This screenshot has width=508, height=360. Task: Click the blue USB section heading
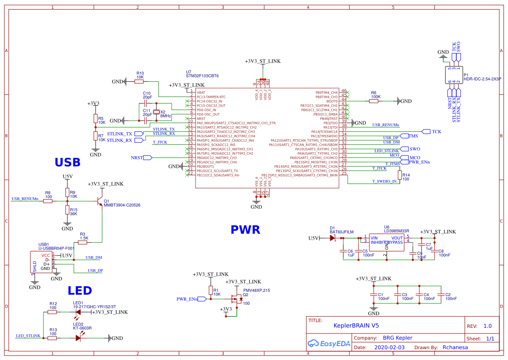pyautogui.click(x=67, y=162)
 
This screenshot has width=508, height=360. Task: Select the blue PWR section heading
pyautogui.click(x=245, y=230)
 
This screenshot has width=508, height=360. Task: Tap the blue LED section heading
pyautogui.click(x=80, y=290)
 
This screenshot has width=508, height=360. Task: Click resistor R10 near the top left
pyautogui.click(x=140, y=81)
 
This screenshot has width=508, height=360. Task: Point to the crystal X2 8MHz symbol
pyautogui.click(x=156, y=112)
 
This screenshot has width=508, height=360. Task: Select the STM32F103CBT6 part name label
pyautogui.click(x=202, y=76)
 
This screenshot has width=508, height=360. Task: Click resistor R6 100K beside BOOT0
pyautogui.click(x=374, y=101)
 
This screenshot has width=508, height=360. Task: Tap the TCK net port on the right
pyautogui.click(x=426, y=131)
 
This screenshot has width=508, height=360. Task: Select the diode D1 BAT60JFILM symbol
pyautogui.click(x=333, y=238)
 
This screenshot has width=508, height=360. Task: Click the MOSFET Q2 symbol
pyautogui.click(x=236, y=299)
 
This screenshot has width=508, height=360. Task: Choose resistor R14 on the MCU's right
pyautogui.click(x=399, y=175)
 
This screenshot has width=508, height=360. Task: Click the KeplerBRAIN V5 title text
pyautogui.click(x=356, y=325)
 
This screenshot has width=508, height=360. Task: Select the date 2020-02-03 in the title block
pyautogui.click(x=389, y=347)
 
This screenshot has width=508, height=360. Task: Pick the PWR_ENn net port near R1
pyautogui.click(x=188, y=299)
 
